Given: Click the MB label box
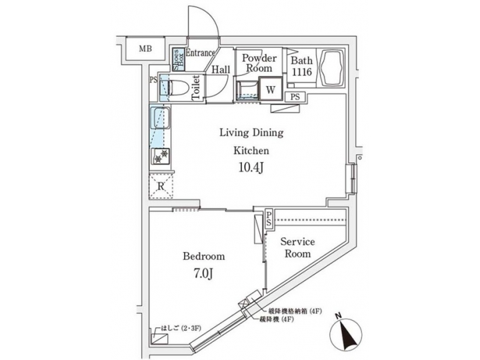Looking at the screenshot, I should pyautogui.click(x=144, y=49).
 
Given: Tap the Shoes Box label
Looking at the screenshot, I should pyautogui.click(x=177, y=60).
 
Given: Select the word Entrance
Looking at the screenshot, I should pyautogui.click(x=200, y=53).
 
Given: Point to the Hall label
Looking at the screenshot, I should pyautogui.click(x=221, y=69).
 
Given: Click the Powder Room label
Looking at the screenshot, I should pyautogui.click(x=259, y=63).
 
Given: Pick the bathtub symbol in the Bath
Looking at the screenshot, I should pyautogui.click(x=331, y=68).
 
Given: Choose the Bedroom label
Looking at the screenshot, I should pyautogui.click(x=203, y=256).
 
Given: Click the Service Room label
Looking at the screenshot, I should pyautogui.click(x=297, y=247).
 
